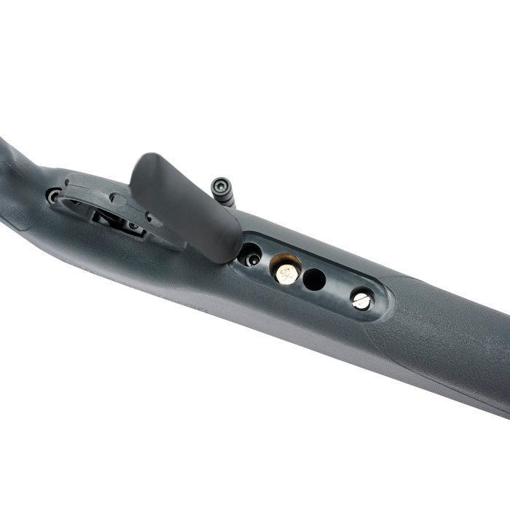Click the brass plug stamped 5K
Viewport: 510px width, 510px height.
pos(286,271)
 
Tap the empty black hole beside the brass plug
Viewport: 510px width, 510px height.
pos(314,279)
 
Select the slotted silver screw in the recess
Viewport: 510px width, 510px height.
pos(361,298)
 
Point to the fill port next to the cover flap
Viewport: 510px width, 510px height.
pos(250,256)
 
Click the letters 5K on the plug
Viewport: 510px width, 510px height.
pos(287,272)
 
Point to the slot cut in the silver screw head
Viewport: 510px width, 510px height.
pos(361,299)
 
